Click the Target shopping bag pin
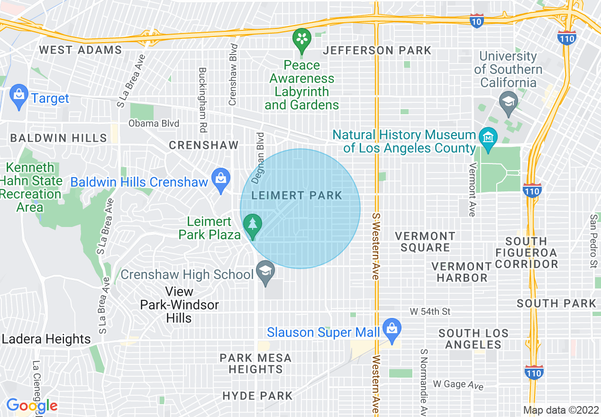(18, 96)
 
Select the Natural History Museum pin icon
(488, 137)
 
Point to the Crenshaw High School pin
(265, 272)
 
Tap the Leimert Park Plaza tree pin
(252, 226)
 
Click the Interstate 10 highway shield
(477, 21)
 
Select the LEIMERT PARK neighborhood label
(297, 195)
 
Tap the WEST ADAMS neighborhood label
(81, 50)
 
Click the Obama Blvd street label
(154, 124)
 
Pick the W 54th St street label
(430, 311)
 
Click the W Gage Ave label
(458, 384)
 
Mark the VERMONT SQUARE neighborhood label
(425, 242)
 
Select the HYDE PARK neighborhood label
(257, 395)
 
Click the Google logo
(32, 406)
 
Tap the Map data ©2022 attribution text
(561, 410)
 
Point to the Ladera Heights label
(46, 339)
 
